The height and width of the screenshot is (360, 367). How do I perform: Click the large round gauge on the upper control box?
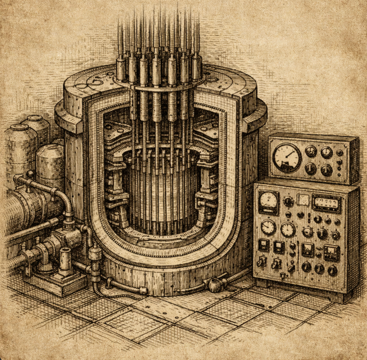[x=287, y=157]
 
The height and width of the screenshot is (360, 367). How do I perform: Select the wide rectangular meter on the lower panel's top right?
[x=326, y=203]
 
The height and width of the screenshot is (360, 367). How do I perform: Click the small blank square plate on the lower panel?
[x=303, y=200]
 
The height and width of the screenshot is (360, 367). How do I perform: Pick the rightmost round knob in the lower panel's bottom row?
[x=332, y=270]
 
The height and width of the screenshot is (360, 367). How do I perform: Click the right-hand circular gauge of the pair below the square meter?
[x=288, y=229]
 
